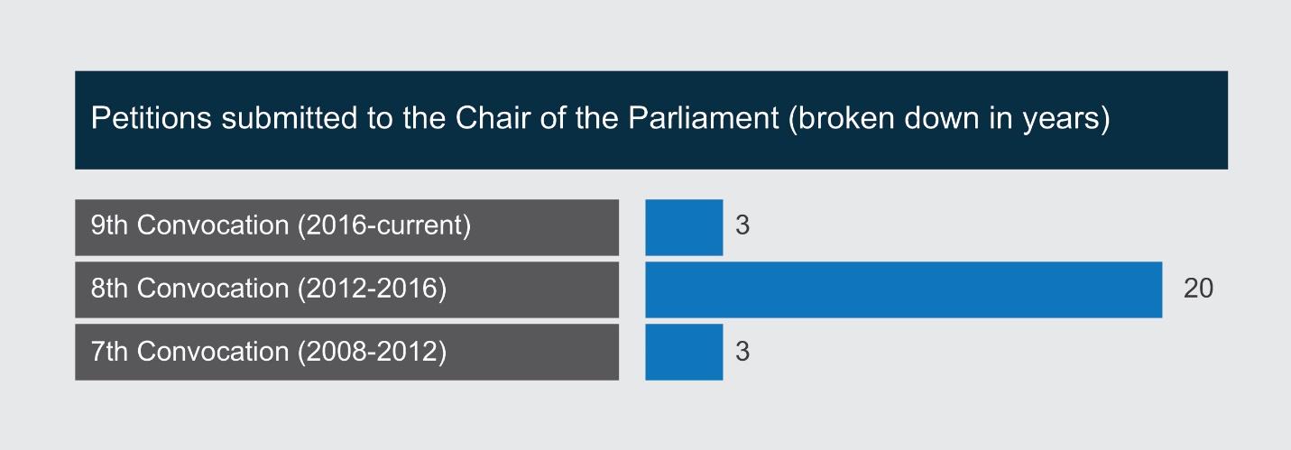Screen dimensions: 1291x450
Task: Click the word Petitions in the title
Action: [x=151, y=118]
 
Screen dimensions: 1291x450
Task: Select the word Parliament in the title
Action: [x=703, y=118]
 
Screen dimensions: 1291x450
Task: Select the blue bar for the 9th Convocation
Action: [x=684, y=227]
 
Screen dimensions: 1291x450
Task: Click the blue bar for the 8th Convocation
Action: [x=904, y=289]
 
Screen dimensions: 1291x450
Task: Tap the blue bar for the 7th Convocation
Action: [x=684, y=352]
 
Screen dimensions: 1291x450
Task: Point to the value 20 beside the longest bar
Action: [x=1198, y=288]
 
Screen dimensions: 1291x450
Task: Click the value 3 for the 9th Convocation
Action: [x=742, y=225]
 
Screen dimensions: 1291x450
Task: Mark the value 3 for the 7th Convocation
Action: [x=742, y=351]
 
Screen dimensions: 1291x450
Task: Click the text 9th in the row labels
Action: [x=109, y=225]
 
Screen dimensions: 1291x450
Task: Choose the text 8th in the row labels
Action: [x=109, y=288]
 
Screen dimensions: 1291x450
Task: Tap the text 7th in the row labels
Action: [x=109, y=351]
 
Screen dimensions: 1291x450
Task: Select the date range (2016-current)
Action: [x=384, y=225]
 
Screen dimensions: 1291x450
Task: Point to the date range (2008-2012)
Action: [x=373, y=352]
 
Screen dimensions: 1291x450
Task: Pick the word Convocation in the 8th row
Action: [x=213, y=288]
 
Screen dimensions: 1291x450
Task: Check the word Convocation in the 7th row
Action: [x=213, y=351]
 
